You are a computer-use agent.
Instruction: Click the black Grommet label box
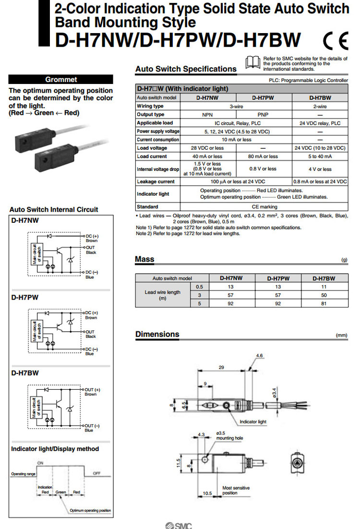[x=61, y=80]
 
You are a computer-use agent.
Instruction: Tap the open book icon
[x=252, y=63]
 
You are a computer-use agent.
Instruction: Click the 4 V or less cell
[x=320, y=169]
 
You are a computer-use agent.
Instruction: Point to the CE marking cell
[x=264, y=207]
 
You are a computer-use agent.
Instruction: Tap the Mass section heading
[x=145, y=260]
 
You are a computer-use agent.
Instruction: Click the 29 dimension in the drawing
[x=221, y=367]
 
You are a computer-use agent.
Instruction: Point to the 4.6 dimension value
[x=260, y=356]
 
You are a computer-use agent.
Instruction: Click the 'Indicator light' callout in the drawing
[x=253, y=422]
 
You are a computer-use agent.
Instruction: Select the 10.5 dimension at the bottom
[x=207, y=493]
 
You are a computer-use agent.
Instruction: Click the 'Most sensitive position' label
[x=236, y=491]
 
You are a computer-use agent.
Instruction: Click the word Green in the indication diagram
[x=60, y=492]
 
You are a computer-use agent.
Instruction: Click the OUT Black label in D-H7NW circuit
[x=91, y=250]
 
